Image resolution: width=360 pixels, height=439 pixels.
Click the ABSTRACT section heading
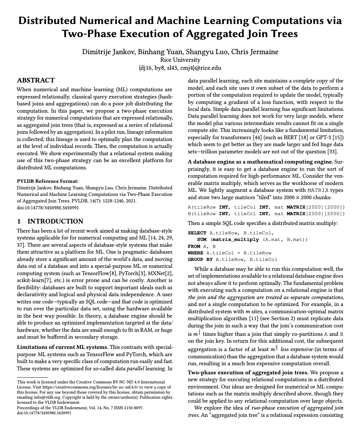pyautogui.click(x=36, y=80)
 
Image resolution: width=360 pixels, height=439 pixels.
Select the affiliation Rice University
pyautogui.click(x=180, y=60)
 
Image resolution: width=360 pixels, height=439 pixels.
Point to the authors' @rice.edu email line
pyautogui.click(x=180, y=68)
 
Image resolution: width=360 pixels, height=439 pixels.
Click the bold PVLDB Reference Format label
pyautogui.click(x=47, y=181)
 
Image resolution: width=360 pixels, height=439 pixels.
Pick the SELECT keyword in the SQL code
pyautogui.click(x=197, y=233)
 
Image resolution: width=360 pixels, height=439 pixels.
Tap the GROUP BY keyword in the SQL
pyautogui.click(x=200, y=259)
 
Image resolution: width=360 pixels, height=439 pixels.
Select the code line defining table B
pyautogui.click(x=266, y=214)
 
